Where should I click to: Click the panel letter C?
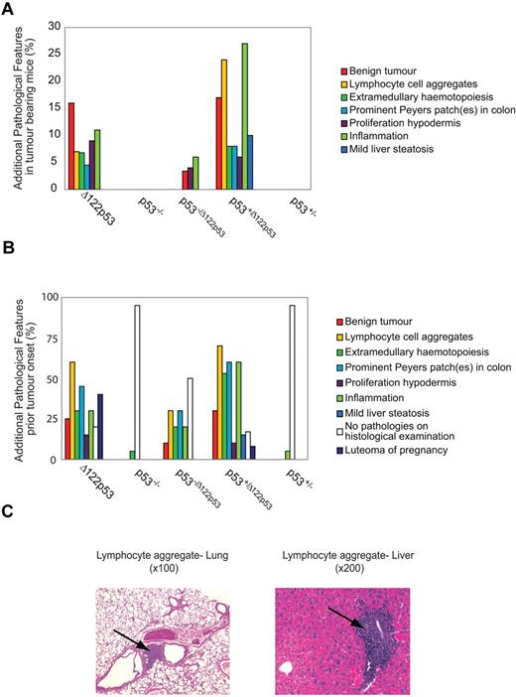(x=9, y=516)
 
